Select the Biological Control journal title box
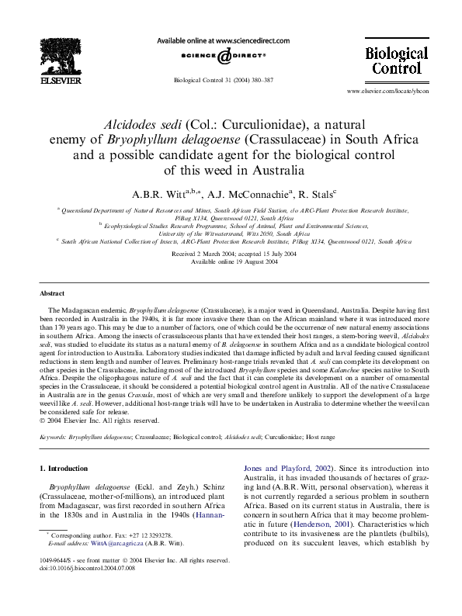396,61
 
